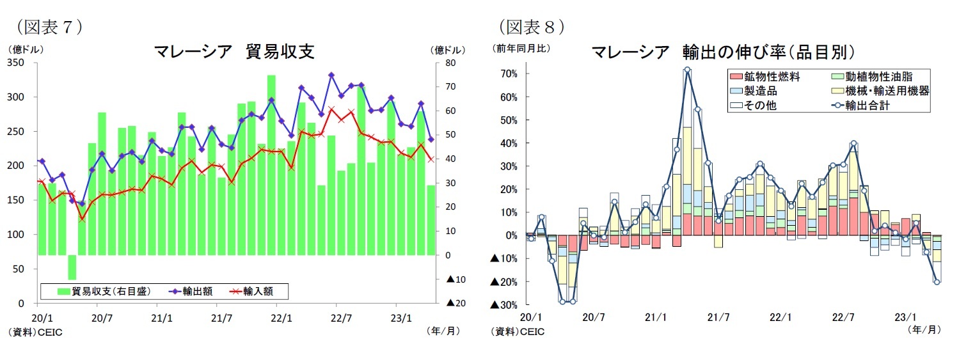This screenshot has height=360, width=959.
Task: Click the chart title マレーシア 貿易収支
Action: pos(234,52)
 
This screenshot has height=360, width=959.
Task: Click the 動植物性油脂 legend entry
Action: pos(871,75)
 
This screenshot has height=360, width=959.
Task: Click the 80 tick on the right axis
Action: pos(450,63)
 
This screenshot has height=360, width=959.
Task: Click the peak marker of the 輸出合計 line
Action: pos(687,70)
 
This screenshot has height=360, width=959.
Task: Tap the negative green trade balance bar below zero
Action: pos(72,267)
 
